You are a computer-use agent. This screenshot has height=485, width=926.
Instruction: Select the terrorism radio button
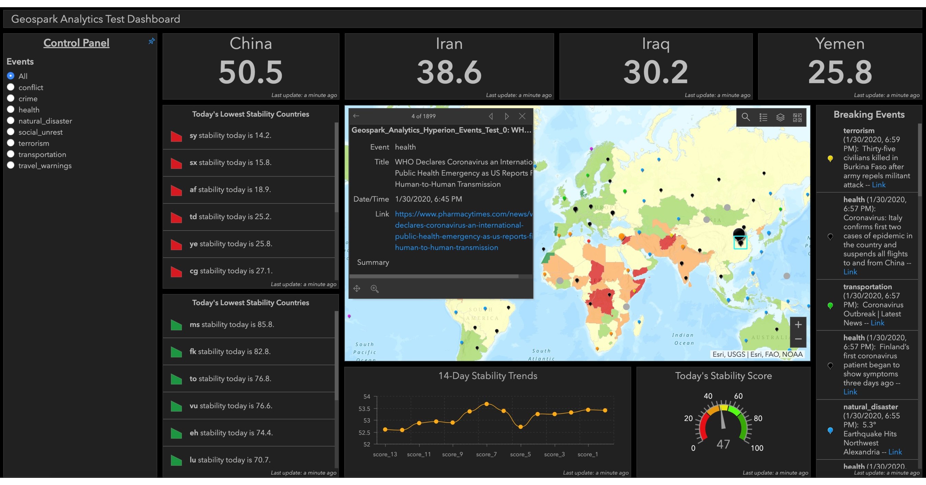[11, 143]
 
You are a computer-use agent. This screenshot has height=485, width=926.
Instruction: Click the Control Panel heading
[76, 43]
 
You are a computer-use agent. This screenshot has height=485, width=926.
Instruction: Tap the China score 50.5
[251, 72]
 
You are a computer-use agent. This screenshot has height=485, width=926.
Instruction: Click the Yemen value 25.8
[840, 72]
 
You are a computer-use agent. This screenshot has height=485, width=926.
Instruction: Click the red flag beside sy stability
[176, 136]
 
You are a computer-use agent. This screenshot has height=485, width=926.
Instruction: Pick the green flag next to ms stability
[176, 325]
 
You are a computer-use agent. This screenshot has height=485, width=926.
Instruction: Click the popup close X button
[522, 116]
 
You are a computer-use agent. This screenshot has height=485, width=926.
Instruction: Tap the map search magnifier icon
[746, 117]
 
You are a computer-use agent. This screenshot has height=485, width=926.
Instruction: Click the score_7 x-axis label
[486, 454]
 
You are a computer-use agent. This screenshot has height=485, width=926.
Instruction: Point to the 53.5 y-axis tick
[364, 409]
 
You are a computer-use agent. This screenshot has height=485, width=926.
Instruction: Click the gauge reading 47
[723, 445]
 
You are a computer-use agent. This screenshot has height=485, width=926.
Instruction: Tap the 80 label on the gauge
[758, 418]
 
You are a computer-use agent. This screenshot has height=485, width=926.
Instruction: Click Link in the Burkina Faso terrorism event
[879, 185]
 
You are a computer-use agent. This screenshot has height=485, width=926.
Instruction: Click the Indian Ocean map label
[683, 339]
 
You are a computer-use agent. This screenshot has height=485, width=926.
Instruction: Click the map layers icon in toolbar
[780, 117]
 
